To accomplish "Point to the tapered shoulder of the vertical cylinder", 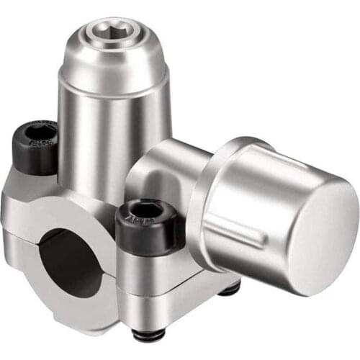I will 115,68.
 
